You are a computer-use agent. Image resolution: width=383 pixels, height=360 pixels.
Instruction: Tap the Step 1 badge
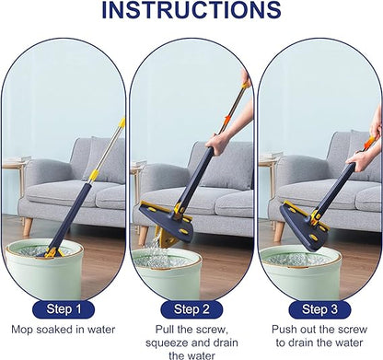pyautogui.click(x=64, y=308)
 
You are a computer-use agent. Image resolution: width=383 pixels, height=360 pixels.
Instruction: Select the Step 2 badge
pyautogui.click(x=191, y=308)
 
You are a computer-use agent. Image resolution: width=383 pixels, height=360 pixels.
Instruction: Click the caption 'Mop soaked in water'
pyautogui.click(x=64, y=329)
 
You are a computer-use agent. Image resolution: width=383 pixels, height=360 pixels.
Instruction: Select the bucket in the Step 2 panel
pyautogui.click(x=180, y=272)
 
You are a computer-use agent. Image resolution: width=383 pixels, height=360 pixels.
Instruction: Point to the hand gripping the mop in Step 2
pyautogui.click(x=218, y=143)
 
